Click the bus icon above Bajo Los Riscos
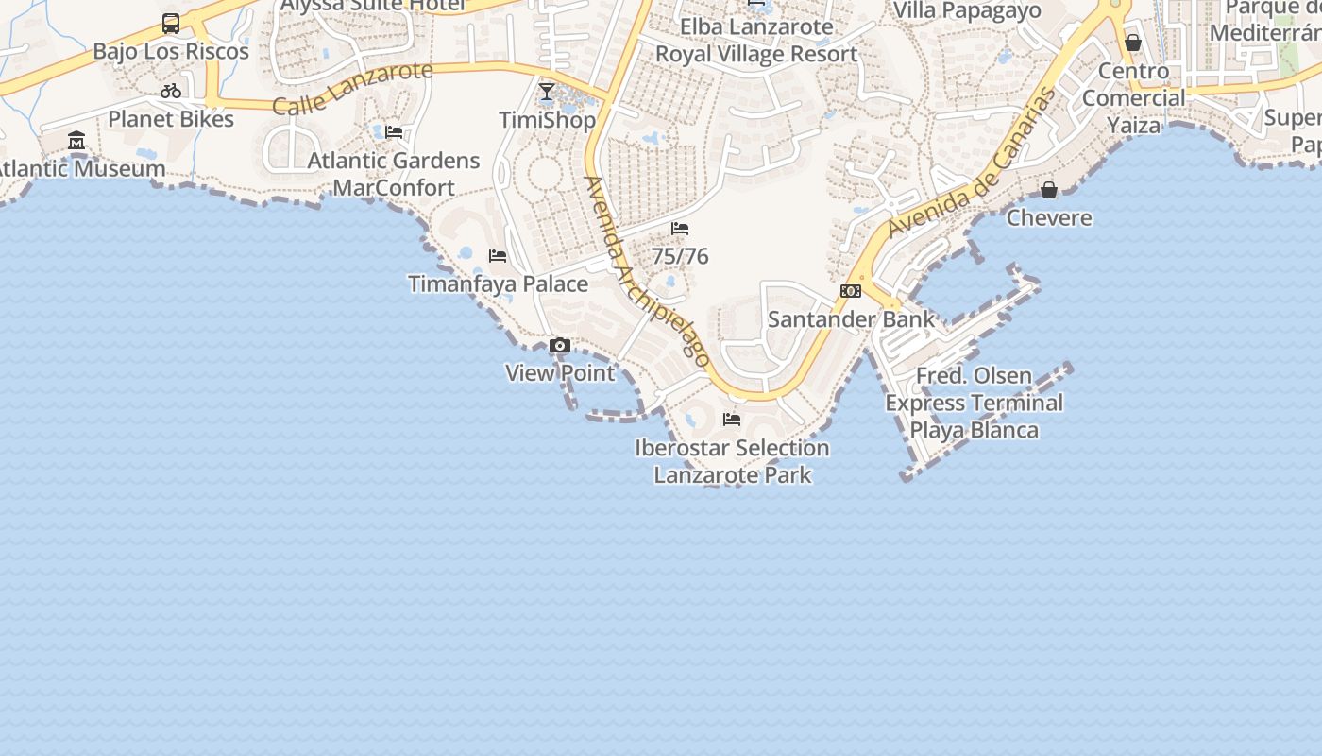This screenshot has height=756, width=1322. (171, 24)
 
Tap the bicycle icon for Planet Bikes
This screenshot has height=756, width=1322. (171, 92)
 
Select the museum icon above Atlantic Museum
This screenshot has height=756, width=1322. (76, 142)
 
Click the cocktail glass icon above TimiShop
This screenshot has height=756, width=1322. (547, 92)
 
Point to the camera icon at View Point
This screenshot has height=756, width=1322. (560, 346)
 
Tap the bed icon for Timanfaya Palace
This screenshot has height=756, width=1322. (498, 256)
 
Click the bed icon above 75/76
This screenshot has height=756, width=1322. (680, 229)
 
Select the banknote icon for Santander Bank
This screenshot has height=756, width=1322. (851, 291)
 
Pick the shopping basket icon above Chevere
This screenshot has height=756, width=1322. (1048, 190)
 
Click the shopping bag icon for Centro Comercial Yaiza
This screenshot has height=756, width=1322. (1133, 43)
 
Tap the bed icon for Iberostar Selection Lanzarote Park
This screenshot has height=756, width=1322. (732, 420)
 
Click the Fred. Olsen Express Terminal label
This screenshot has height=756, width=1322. (974, 403)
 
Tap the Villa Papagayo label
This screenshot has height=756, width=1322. (967, 10)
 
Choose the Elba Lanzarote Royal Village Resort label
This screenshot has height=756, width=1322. (756, 41)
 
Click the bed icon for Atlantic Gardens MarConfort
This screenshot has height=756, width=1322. (394, 132)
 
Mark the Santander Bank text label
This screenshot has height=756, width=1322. (851, 319)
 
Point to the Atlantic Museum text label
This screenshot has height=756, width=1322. (82, 169)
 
